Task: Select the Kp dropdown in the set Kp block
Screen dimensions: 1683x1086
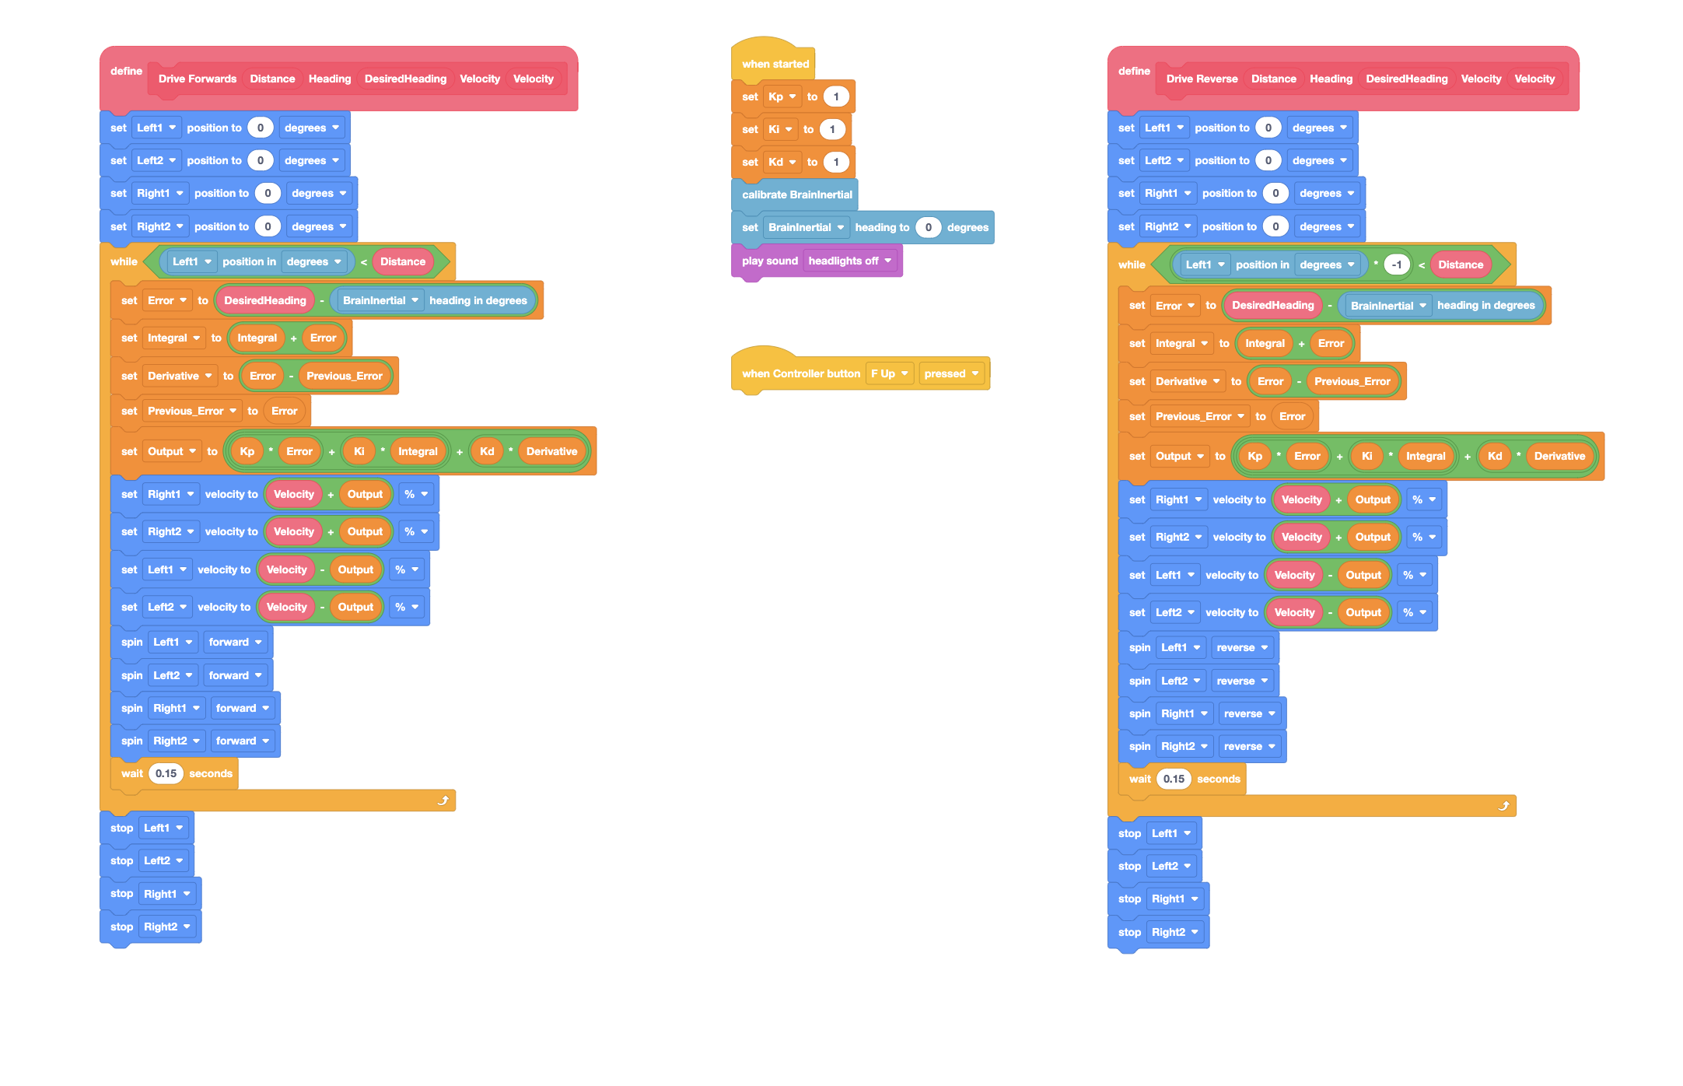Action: pos(782,96)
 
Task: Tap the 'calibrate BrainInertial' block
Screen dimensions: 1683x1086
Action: pos(796,194)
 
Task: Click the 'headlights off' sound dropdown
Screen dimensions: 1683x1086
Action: pos(850,261)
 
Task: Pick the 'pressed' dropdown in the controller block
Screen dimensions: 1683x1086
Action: pos(951,373)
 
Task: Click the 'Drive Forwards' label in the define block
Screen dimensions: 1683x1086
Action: pos(198,79)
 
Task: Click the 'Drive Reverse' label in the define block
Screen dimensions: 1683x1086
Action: pos(1202,79)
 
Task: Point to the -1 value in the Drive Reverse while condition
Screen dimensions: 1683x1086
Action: pos(1397,264)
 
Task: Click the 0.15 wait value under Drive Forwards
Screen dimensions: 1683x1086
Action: pos(166,773)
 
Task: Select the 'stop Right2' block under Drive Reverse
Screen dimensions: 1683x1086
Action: pos(1158,932)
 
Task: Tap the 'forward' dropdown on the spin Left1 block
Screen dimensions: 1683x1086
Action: pos(235,642)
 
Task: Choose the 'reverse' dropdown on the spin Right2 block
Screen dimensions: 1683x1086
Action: pos(1249,746)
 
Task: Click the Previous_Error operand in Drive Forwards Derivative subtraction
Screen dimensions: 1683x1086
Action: pos(345,376)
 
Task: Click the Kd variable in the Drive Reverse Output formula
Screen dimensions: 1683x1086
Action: pos(1495,456)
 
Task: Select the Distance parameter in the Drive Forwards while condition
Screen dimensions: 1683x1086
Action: pos(403,261)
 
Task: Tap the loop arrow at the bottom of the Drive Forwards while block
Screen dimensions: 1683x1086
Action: pos(443,800)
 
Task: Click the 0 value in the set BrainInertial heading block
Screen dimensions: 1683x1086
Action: pos(928,227)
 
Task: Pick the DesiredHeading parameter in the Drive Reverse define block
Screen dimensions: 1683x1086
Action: pos(1407,79)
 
